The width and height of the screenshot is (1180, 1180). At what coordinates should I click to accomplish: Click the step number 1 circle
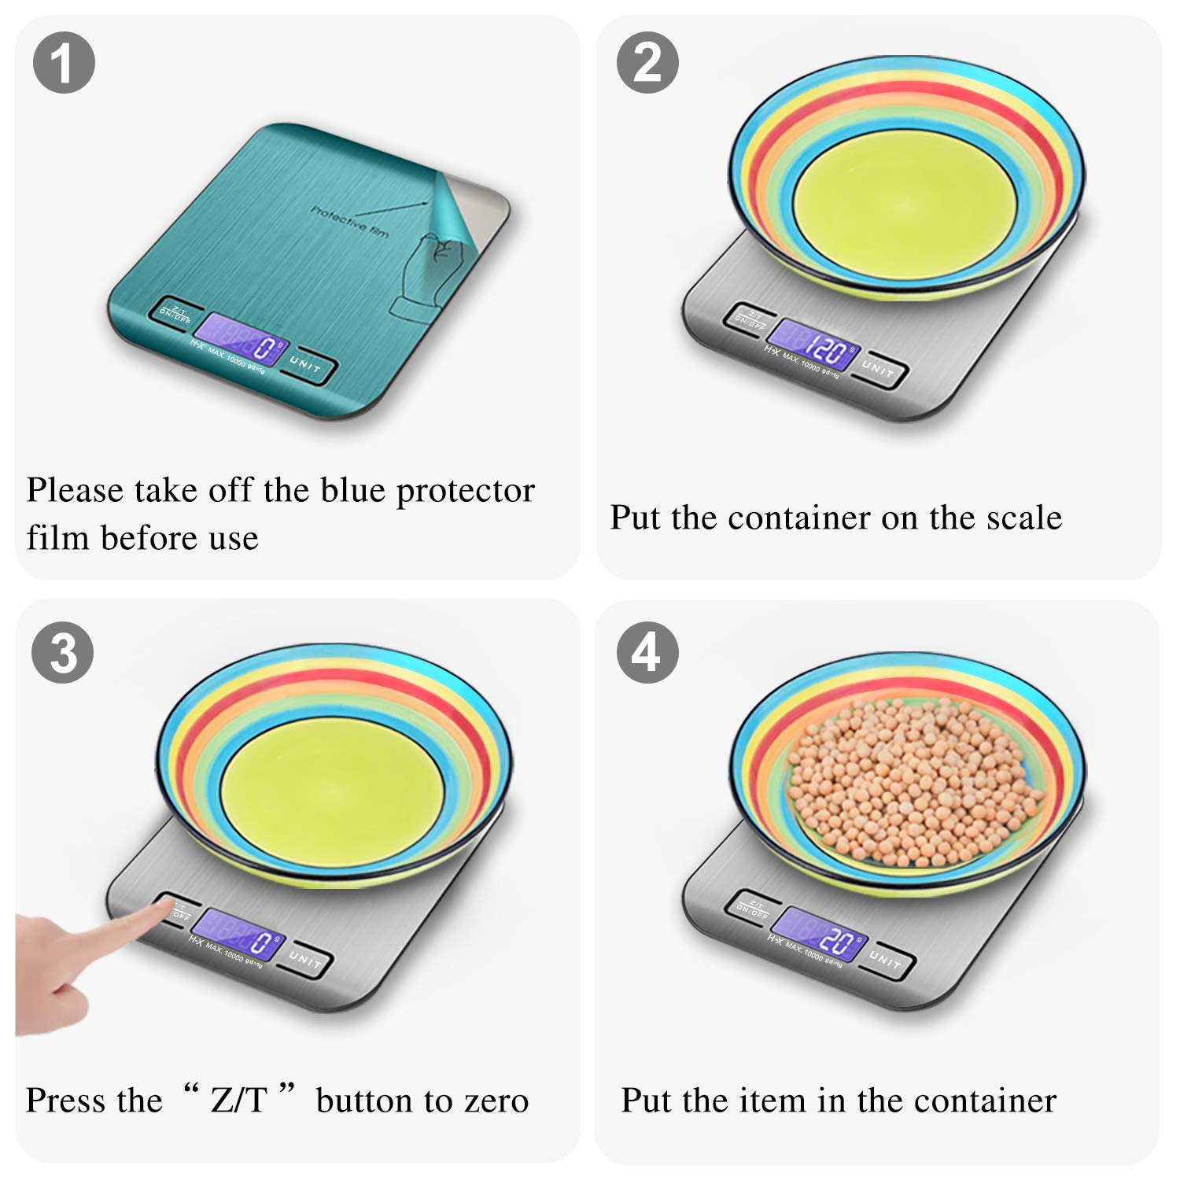point(64,63)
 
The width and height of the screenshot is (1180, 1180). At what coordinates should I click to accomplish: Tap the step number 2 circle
point(647,63)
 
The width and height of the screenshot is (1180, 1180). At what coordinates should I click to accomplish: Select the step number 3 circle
point(63,653)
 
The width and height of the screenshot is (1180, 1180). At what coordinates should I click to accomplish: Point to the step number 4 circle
point(647,653)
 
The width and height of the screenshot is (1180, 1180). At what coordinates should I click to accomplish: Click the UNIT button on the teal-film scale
point(307,367)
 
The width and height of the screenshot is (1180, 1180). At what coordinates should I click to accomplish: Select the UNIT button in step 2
point(879,369)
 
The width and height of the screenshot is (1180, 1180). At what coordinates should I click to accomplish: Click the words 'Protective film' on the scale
point(349,221)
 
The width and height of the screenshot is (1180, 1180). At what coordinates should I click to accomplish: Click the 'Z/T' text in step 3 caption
point(239,1100)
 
